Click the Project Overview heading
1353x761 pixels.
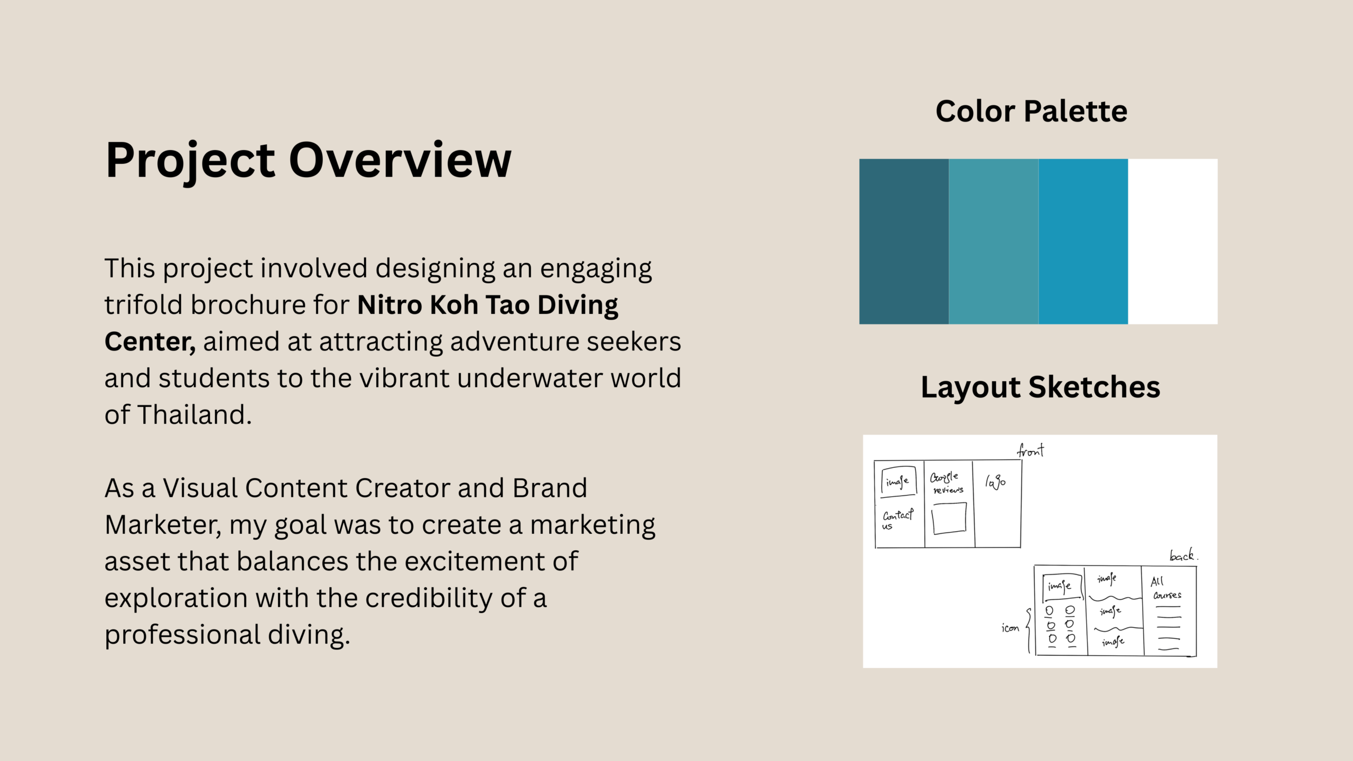(x=308, y=161)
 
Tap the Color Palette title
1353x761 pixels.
(x=1031, y=111)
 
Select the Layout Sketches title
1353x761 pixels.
(x=1040, y=387)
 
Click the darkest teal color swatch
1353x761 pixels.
(x=904, y=242)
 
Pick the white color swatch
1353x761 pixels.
(x=1173, y=242)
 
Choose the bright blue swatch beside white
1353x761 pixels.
(x=1083, y=242)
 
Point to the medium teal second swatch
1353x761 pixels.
(x=994, y=242)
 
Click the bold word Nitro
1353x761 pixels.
(x=390, y=305)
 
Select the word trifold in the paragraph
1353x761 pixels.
(x=143, y=305)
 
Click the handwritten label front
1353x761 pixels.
(x=1031, y=451)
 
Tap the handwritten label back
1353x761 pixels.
(x=1183, y=555)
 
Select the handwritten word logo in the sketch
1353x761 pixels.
(x=995, y=482)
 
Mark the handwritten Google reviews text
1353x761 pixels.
(x=947, y=482)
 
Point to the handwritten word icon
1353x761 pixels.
(x=1010, y=628)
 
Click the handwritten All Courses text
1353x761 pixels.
(x=1166, y=588)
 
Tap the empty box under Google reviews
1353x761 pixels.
(x=949, y=518)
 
